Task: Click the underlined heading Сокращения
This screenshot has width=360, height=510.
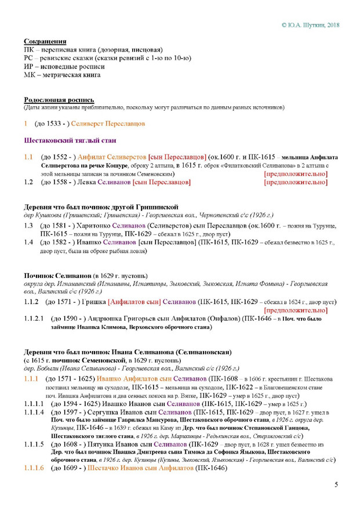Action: tap(45, 42)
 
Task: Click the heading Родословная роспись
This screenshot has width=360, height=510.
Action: tap(59, 100)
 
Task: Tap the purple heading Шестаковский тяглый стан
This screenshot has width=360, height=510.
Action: tap(70, 140)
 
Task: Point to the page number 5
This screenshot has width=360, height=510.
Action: tap(336, 485)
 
